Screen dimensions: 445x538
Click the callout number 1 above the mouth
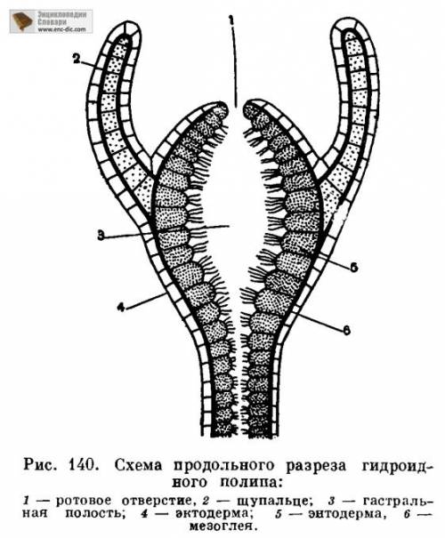(231, 20)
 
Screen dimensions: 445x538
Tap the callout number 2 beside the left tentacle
(77, 60)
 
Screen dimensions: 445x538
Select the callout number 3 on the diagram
(101, 236)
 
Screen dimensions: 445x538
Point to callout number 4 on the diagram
(120, 307)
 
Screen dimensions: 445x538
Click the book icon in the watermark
(21, 21)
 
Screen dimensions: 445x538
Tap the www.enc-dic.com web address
(61, 29)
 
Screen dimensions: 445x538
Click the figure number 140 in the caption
(82, 465)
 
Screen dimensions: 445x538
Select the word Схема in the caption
(138, 465)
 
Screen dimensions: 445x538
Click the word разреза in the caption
(316, 466)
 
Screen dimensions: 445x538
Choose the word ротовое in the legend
(84, 501)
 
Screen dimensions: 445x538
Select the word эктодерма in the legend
(214, 514)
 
